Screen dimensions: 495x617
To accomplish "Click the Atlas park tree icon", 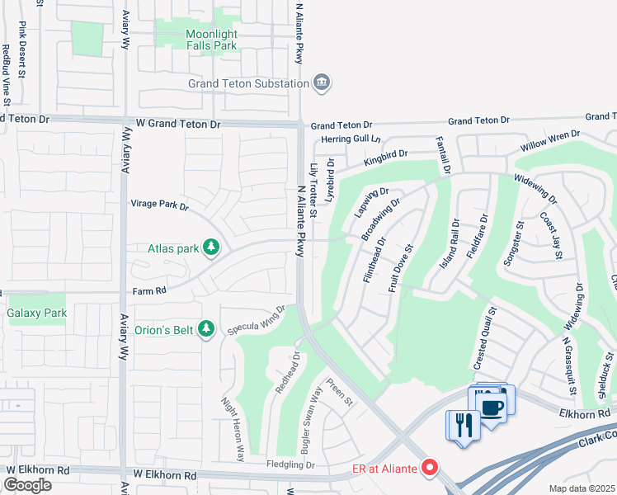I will [x=212, y=247].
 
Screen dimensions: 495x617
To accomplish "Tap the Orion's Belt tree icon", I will [x=207, y=330].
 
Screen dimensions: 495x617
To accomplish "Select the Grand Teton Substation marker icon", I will [x=322, y=82].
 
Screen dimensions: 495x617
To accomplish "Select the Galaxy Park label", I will [x=36, y=313].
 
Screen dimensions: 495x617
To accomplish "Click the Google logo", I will [x=27, y=485].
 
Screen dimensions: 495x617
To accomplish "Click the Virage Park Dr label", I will [x=160, y=203].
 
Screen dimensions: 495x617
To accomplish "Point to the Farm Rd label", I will [x=149, y=290].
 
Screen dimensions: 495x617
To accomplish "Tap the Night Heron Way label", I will [x=233, y=429].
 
